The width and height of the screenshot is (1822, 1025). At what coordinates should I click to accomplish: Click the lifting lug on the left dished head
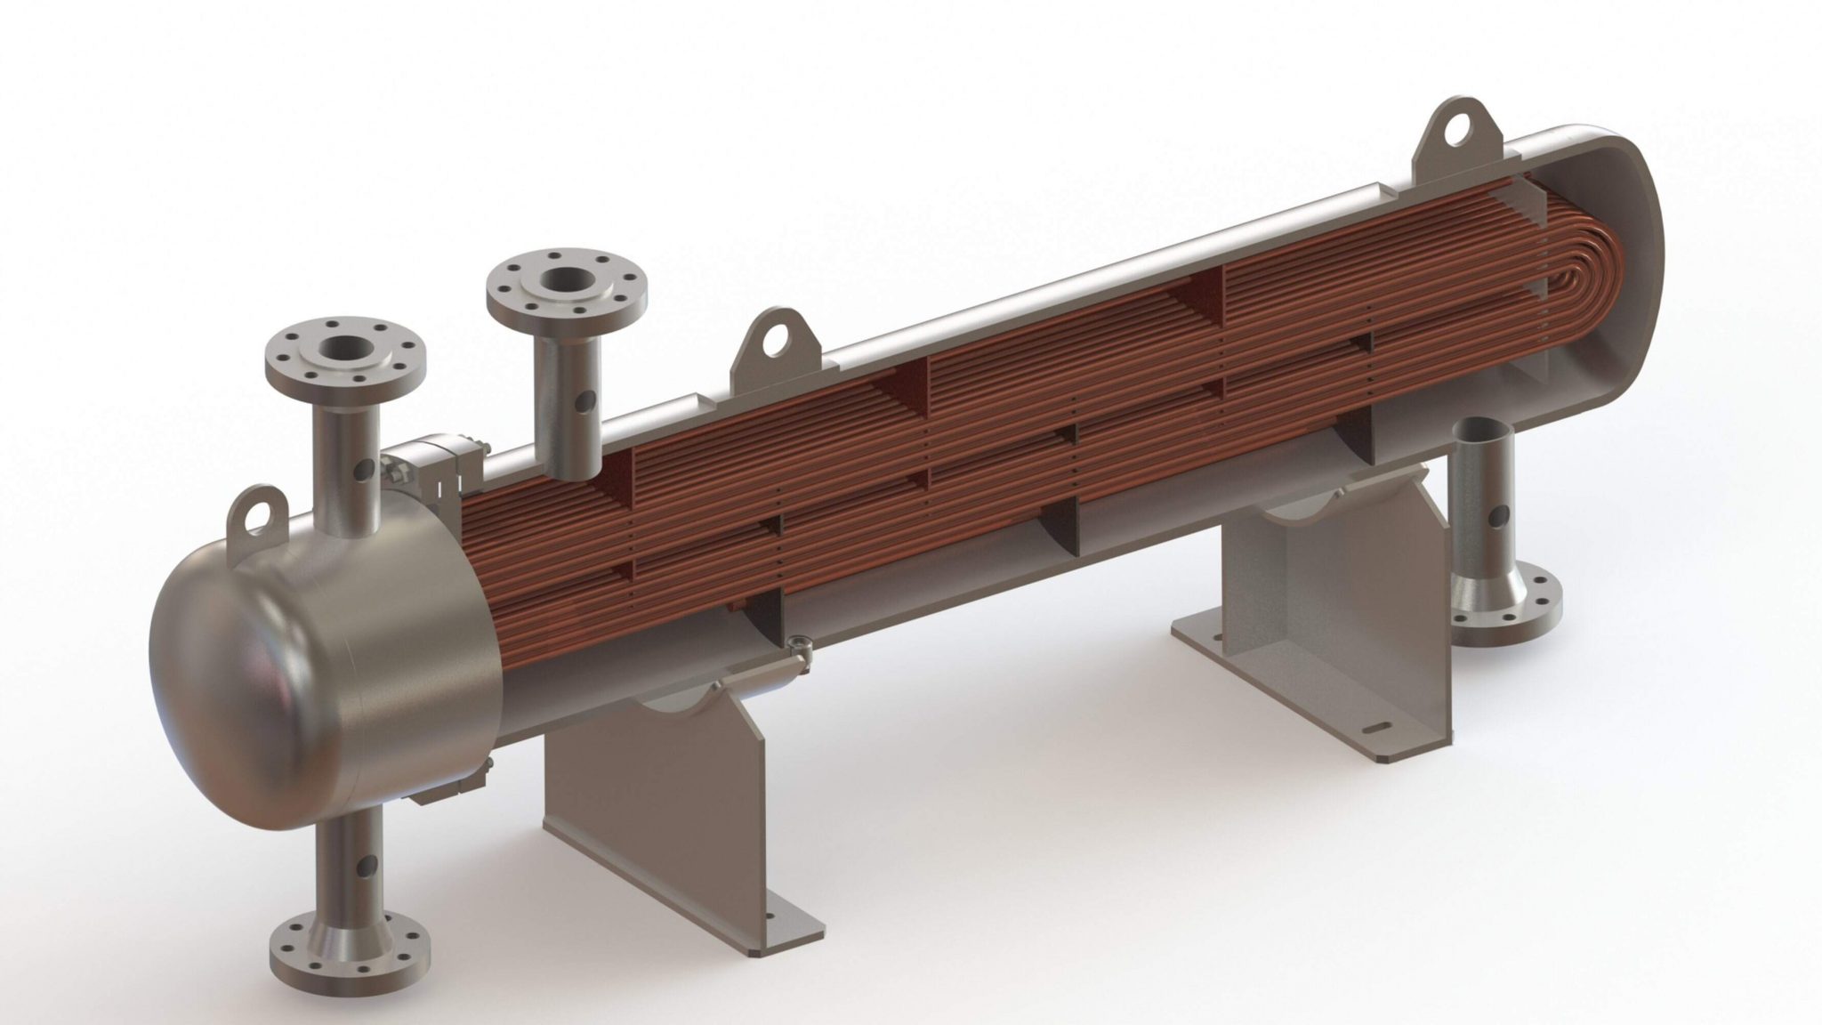255,514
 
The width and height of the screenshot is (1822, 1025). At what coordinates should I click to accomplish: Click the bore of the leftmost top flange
344,352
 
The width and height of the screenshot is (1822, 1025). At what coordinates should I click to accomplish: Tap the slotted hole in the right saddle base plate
1377,728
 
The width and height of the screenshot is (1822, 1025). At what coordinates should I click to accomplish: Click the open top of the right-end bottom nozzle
1481,430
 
